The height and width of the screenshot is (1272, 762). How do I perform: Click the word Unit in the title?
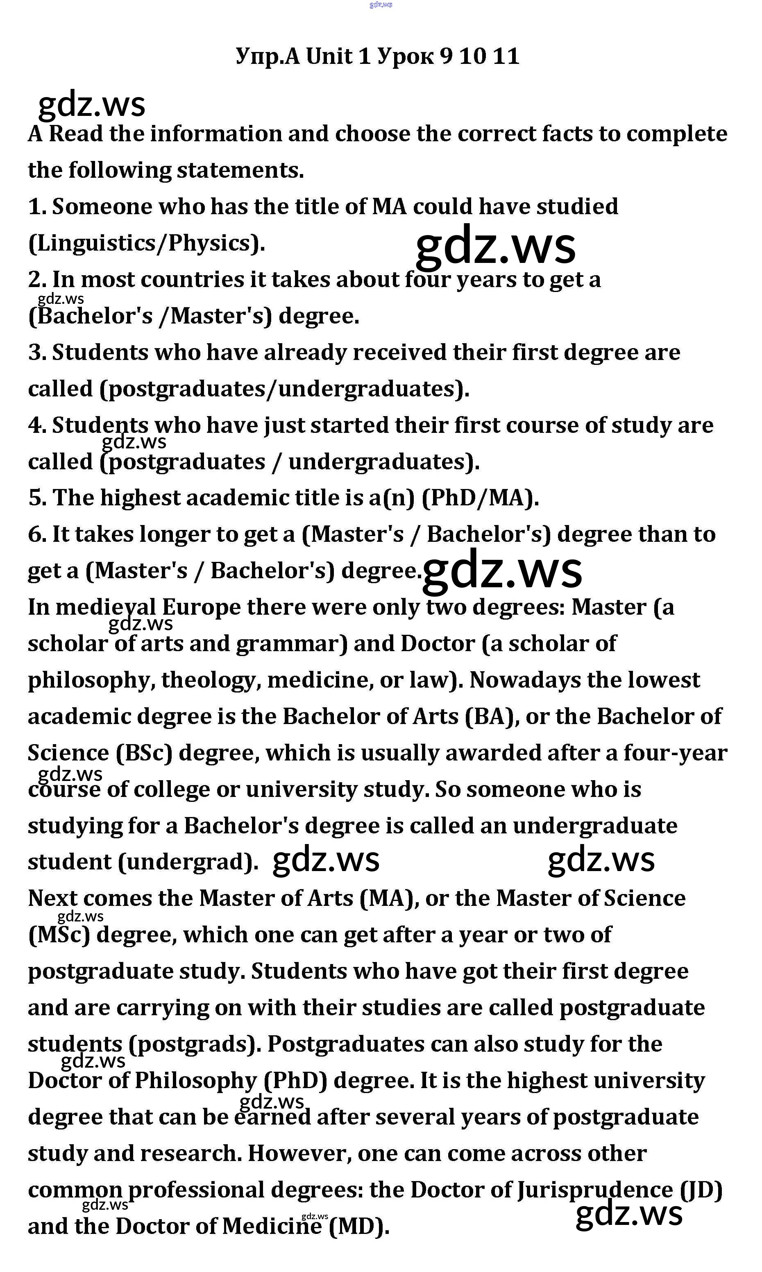click(x=329, y=56)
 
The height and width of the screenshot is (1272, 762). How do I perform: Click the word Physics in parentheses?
click(x=211, y=243)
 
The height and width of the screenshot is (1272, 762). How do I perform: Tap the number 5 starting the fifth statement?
click(x=37, y=498)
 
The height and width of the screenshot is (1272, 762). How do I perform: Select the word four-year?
click(x=675, y=753)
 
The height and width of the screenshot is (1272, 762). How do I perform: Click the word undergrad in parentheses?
click(x=188, y=862)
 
